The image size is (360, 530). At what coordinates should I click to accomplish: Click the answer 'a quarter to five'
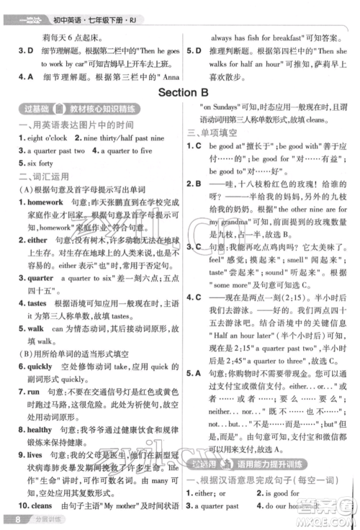pyautogui.click(x=127, y=151)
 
